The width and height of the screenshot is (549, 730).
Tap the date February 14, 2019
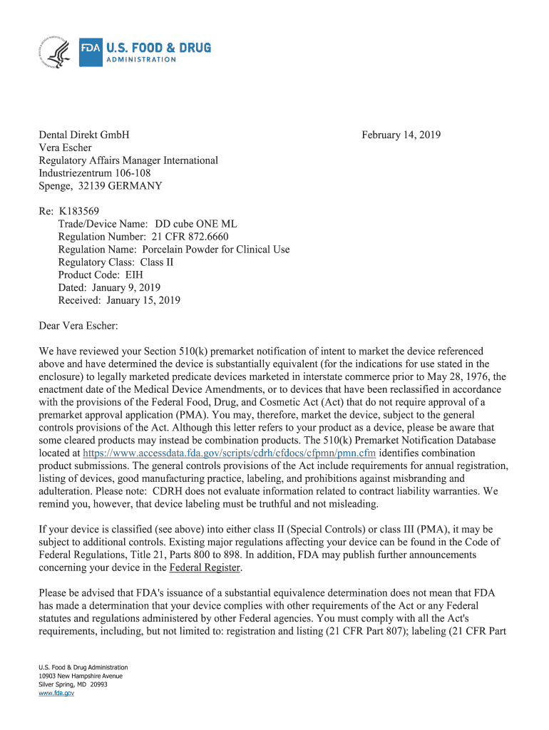tap(401, 135)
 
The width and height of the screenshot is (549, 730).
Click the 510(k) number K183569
tap(79, 211)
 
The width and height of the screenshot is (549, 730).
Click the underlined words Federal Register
tap(205, 567)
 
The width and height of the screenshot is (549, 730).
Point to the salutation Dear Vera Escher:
tap(78, 326)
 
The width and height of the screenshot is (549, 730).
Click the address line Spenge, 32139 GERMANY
tap(101, 186)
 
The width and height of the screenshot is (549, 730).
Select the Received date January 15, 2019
tap(143, 300)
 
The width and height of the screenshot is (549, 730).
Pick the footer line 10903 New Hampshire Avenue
tap(81, 675)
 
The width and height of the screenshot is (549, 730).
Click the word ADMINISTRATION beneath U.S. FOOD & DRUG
tap(140, 60)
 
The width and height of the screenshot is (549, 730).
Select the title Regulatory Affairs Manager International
tap(128, 160)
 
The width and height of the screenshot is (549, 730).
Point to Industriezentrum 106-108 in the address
tap(94, 173)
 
